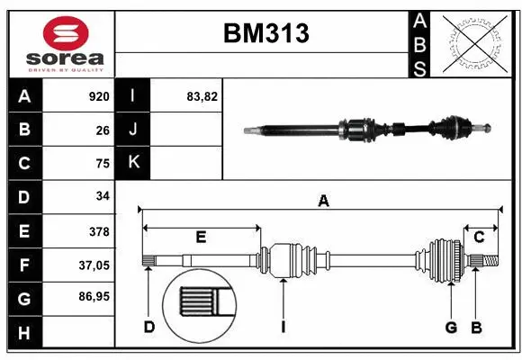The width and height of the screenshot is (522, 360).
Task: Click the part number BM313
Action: coord(265,33)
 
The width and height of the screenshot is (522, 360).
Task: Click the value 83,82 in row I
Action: coord(202,96)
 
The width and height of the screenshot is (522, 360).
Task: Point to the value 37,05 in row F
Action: coord(94,265)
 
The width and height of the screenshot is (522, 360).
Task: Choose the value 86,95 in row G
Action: coord(94,296)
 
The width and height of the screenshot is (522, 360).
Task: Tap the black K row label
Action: coord(133,163)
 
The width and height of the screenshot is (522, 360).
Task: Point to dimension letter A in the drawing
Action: coord(323,202)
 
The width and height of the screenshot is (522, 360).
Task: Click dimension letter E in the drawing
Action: coord(201,238)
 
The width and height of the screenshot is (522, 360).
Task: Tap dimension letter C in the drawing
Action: coord(480,238)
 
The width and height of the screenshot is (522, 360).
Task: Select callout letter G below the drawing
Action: coord(451,327)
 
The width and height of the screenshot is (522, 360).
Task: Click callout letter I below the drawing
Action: coord(283,327)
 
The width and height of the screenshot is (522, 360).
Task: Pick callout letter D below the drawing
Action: coord(148,327)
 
